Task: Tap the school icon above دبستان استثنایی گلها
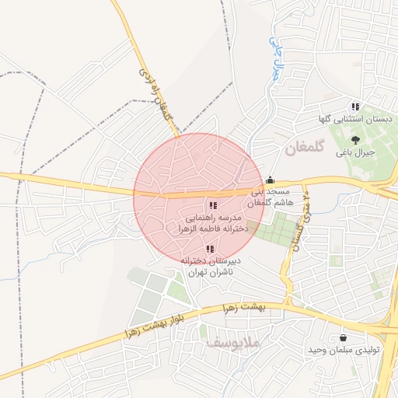[355, 106]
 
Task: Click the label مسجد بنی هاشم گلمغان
[268, 197]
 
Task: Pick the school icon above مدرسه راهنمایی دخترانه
[213, 206]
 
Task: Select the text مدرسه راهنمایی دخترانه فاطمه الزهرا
[213, 224]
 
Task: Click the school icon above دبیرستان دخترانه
[210, 249]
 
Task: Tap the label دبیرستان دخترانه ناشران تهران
[210, 267]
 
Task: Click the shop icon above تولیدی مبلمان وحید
[344, 337]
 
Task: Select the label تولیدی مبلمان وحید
[355, 351]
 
